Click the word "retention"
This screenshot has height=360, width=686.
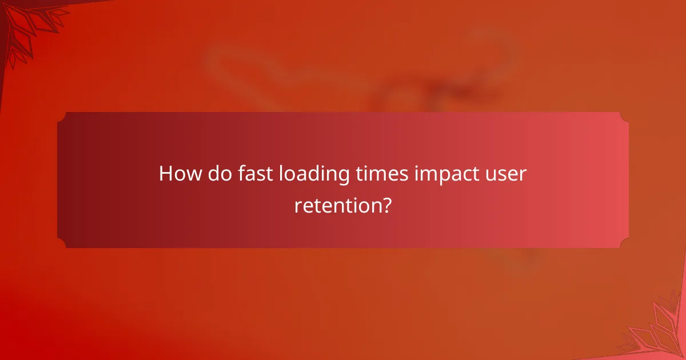pos(337,205)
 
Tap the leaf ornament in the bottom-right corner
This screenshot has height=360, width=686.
pos(657,331)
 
